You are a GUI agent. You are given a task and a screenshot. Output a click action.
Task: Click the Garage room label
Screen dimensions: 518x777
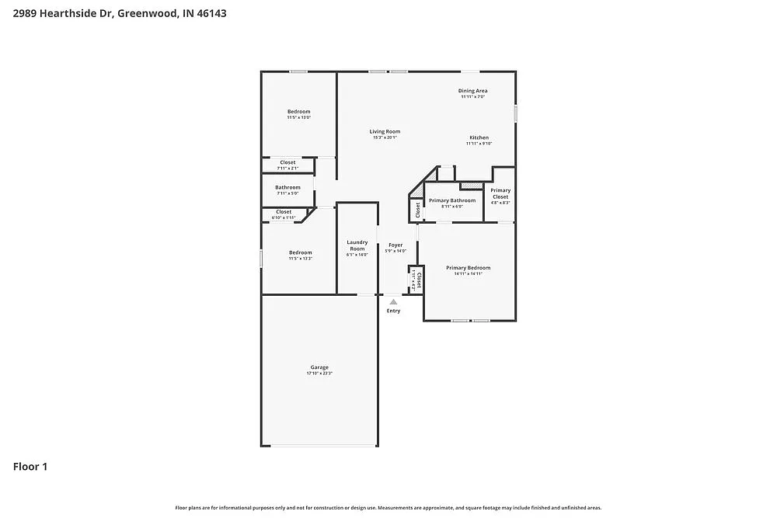pyautogui.click(x=319, y=367)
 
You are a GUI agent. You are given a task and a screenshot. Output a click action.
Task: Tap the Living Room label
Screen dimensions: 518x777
pyautogui.click(x=385, y=131)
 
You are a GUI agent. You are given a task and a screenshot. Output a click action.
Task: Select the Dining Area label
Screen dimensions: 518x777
pyautogui.click(x=472, y=91)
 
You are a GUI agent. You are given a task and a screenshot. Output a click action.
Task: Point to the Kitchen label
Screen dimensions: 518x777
pyautogui.click(x=479, y=137)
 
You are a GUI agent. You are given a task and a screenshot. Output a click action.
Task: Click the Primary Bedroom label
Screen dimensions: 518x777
pyautogui.click(x=468, y=268)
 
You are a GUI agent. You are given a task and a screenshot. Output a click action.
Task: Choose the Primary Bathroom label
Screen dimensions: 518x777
pyautogui.click(x=452, y=200)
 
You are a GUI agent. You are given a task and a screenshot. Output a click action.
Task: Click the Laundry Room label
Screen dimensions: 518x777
pyautogui.click(x=357, y=245)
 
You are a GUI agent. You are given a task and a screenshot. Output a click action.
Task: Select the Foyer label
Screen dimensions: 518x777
pyautogui.click(x=395, y=245)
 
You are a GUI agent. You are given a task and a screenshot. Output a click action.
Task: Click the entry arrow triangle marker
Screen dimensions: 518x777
pyautogui.click(x=394, y=302)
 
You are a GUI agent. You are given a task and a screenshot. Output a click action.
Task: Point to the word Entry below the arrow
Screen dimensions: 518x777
pyautogui.click(x=394, y=311)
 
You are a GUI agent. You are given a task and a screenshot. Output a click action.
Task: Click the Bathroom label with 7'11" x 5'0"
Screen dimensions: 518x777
pyautogui.click(x=287, y=187)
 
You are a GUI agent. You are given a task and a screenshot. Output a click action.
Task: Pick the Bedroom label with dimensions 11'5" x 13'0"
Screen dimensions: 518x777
pyautogui.click(x=299, y=112)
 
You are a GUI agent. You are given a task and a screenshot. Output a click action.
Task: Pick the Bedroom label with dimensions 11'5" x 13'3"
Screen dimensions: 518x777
pyautogui.click(x=301, y=252)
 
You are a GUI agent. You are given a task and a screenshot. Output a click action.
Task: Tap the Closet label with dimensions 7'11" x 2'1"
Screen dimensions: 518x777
pyautogui.click(x=287, y=162)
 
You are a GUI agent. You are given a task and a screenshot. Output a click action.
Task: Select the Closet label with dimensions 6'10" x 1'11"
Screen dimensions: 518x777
pyautogui.click(x=284, y=211)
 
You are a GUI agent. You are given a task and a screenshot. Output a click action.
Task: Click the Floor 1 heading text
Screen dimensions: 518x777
pyautogui.click(x=30, y=467)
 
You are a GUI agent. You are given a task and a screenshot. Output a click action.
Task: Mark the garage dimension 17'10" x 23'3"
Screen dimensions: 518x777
pyautogui.click(x=319, y=374)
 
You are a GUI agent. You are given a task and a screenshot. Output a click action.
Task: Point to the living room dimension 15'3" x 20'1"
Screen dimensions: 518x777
pyautogui.click(x=385, y=137)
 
